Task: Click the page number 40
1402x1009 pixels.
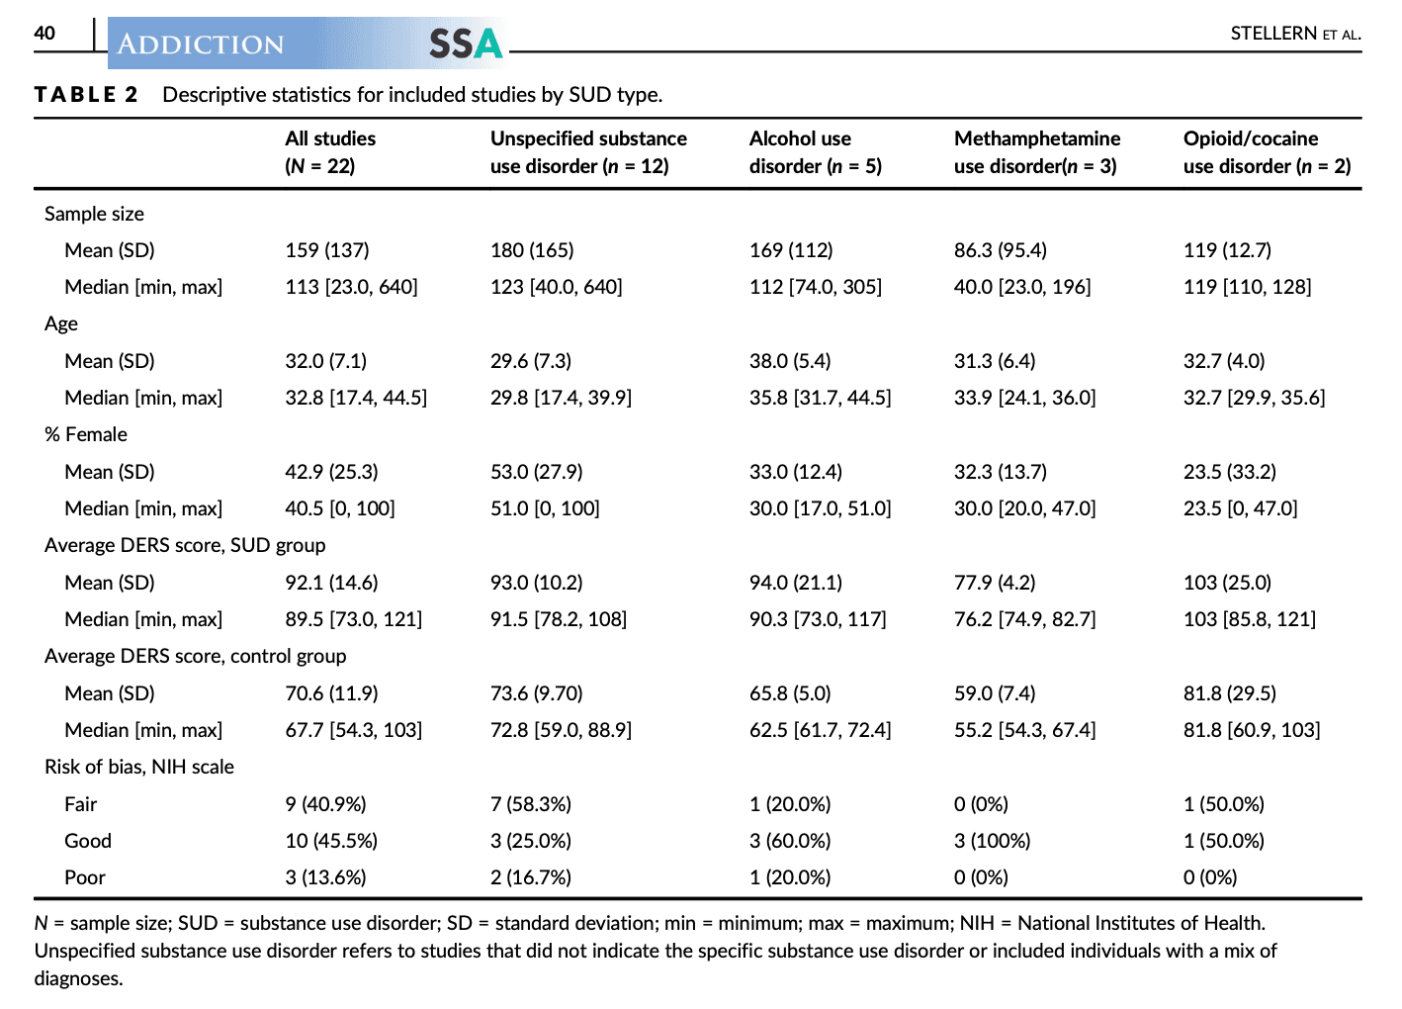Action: tap(44, 33)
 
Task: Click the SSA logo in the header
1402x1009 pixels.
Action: tap(466, 44)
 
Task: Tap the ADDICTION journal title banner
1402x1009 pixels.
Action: tap(201, 45)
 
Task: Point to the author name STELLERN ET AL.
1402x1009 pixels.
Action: tap(1295, 34)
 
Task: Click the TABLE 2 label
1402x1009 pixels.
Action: tap(87, 95)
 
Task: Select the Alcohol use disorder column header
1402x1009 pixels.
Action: tap(815, 152)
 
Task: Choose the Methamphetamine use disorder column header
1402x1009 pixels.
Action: tap(1036, 152)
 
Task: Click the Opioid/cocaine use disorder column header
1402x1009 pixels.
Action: tap(1267, 152)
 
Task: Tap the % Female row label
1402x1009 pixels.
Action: tap(86, 434)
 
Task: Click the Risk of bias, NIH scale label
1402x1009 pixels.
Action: tap(139, 767)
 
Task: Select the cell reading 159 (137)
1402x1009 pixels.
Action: tap(327, 250)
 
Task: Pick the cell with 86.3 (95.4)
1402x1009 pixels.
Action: tap(1000, 250)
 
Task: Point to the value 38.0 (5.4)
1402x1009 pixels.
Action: tap(790, 361)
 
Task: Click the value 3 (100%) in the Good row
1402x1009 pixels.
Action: tap(992, 841)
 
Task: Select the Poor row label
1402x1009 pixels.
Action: tap(85, 877)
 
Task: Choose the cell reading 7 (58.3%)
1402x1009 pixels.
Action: tap(531, 804)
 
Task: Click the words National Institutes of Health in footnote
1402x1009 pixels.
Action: tap(1140, 923)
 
